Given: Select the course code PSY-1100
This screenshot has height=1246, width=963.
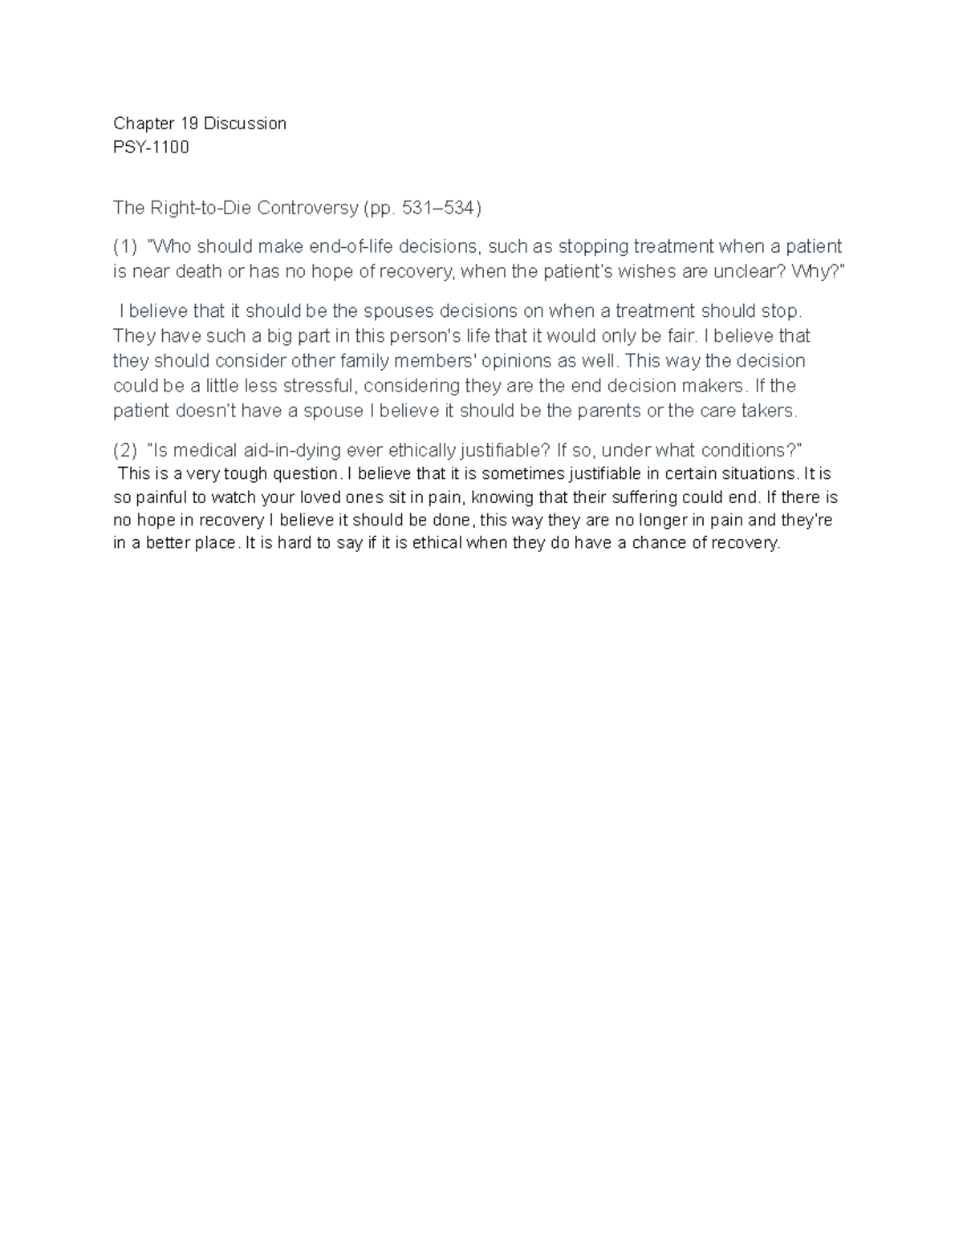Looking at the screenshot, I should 151,147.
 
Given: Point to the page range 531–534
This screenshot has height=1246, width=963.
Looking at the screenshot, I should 441,209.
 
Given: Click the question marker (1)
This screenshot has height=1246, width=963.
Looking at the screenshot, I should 125,246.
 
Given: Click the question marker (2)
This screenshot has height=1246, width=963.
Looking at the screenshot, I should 125,449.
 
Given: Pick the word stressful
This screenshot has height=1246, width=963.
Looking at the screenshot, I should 318,386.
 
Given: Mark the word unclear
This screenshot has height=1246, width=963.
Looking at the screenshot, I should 747,271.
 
